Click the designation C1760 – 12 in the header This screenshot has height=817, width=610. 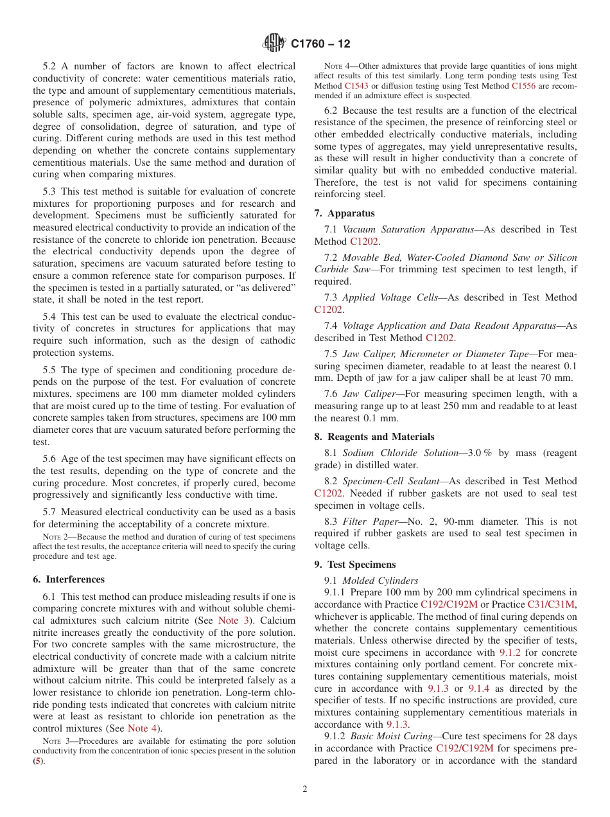click(x=320, y=44)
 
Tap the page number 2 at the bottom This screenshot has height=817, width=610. click(x=305, y=789)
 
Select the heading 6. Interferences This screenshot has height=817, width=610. click(x=69, y=579)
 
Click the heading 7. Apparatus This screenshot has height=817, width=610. click(x=344, y=213)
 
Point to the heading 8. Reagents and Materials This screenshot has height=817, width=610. click(x=374, y=437)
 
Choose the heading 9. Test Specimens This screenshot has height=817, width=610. click(x=354, y=565)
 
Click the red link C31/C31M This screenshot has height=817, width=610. click(x=552, y=604)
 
